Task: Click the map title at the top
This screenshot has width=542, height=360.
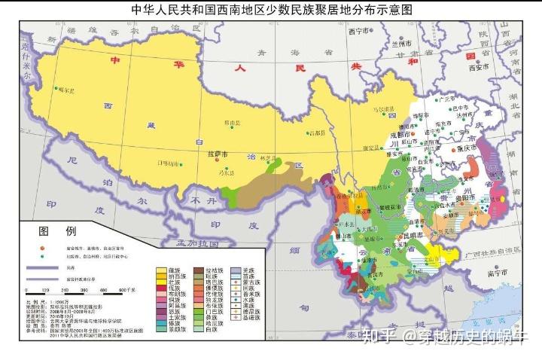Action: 272,10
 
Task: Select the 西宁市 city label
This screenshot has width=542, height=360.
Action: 359,32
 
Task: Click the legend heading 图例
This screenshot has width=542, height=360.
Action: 58,231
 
